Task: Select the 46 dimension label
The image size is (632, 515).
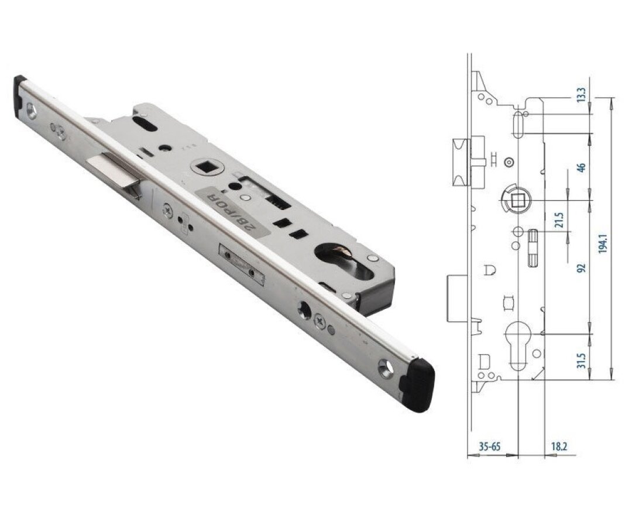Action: (x=581, y=167)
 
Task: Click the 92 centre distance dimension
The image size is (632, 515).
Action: (x=581, y=268)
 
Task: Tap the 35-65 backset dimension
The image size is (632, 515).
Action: (x=489, y=447)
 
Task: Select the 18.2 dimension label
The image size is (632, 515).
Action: (x=559, y=447)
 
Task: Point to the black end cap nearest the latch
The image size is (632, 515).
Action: (x=20, y=94)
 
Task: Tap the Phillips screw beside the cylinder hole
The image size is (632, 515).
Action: (x=320, y=320)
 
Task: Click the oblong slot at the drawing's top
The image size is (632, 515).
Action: (x=518, y=124)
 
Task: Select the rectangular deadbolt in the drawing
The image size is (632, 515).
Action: (x=457, y=298)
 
